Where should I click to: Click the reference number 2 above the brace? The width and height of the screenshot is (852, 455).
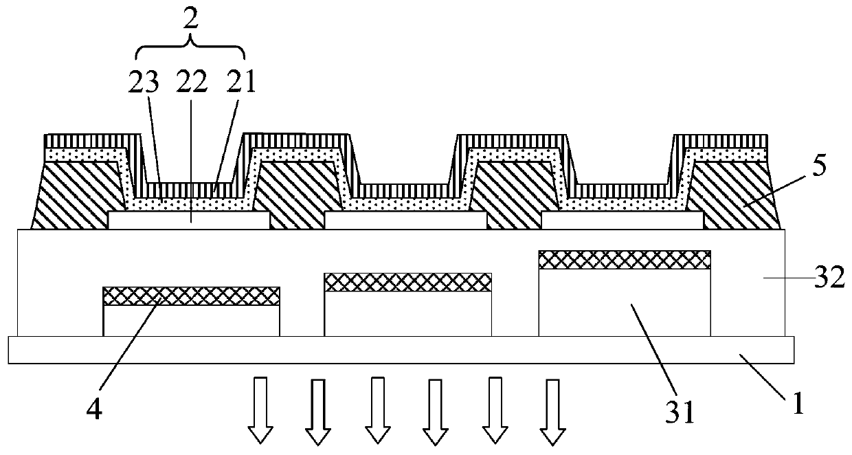click(x=191, y=18)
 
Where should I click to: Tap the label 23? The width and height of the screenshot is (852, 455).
click(x=144, y=82)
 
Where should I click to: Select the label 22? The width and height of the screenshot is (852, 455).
click(x=191, y=82)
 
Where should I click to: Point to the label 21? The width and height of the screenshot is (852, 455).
click(x=240, y=82)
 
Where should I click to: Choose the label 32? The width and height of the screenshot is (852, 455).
click(x=829, y=280)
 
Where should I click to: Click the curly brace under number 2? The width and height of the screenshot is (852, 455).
click(x=191, y=50)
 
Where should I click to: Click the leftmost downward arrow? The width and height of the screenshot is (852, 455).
click(x=260, y=410)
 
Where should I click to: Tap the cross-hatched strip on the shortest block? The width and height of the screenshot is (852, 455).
click(x=191, y=296)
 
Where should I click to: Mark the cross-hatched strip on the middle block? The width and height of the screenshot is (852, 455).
click(x=408, y=282)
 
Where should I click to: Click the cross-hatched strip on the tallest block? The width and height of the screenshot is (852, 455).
click(x=624, y=260)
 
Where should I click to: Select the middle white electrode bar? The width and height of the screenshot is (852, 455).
click(x=405, y=221)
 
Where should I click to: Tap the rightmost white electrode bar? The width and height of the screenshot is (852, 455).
click(x=623, y=221)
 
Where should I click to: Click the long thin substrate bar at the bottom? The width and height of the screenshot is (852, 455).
click(x=401, y=349)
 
